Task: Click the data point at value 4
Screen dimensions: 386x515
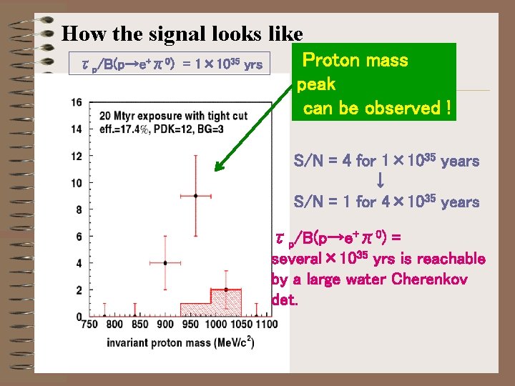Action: pyautogui.click(x=165, y=263)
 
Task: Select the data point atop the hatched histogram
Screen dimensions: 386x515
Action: pyautogui.click(x=225, y=289)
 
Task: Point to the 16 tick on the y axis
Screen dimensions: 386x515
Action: pyautogui.click(x=77, y=102)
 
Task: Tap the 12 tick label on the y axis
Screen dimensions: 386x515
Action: pyautogui.click(x=77, y=156)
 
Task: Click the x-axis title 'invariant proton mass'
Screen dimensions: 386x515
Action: pyautogui.click(x=159, y=342)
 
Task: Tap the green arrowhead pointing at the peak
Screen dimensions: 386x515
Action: pyautogui.click(x=219, y=169)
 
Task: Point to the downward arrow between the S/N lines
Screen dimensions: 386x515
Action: pyautogui.click(x=381, y=182)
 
